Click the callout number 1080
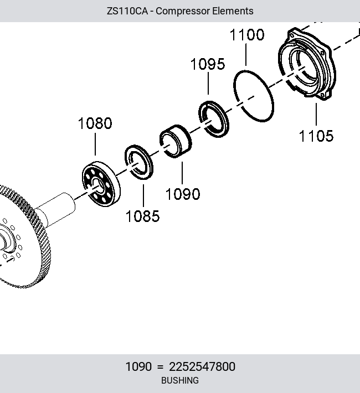pos(95,123)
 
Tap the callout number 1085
pos(142,216)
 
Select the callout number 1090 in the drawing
pos(183,194)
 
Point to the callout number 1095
pos(208,64)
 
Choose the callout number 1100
pos(247,34)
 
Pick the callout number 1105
pos(316,136)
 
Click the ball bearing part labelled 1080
pos(101,184)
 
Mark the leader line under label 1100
pos(246,55)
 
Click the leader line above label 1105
pos(316,114)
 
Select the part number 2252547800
pos(202,366)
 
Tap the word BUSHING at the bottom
pos(180,380)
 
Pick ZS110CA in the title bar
pos(127,11)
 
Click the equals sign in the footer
pos(160,367)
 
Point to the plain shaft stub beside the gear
pos(56,209)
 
